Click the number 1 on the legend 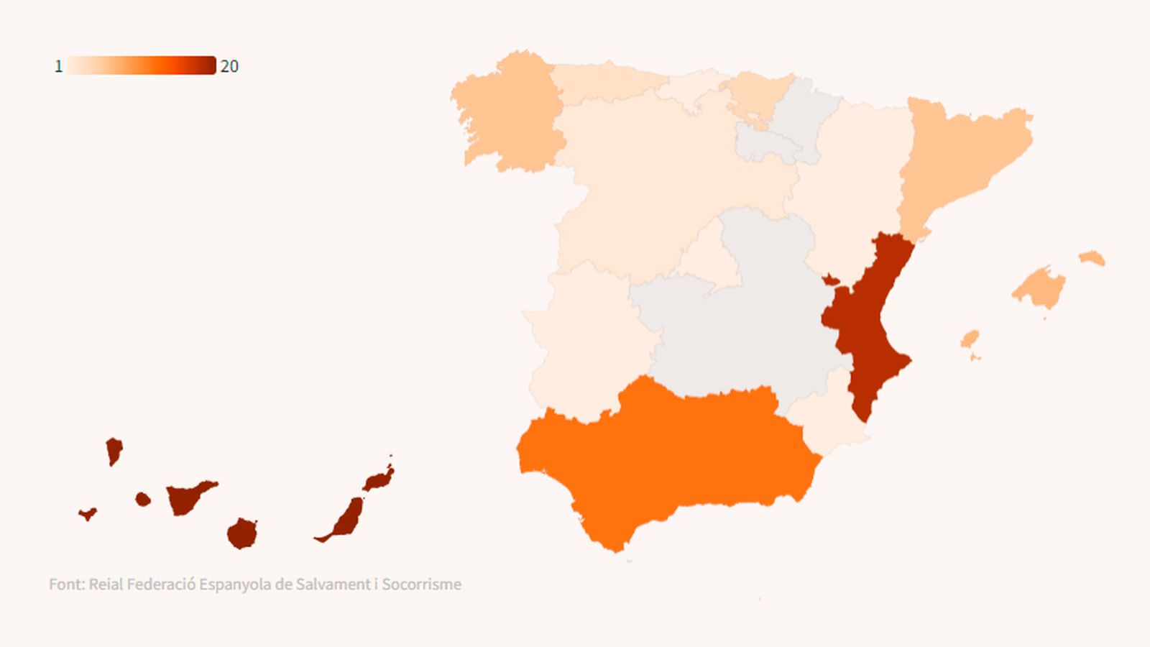tap(58, 66)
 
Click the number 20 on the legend tap(229, 66)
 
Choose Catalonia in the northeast tap(956, 158)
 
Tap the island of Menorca tap(1092, 258)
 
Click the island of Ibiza tap(970, 339)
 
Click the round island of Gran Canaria tap(242, 533)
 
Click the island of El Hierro tap(88, 513)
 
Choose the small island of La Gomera tap(143, 499)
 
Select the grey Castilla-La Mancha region tap(747, 316)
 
